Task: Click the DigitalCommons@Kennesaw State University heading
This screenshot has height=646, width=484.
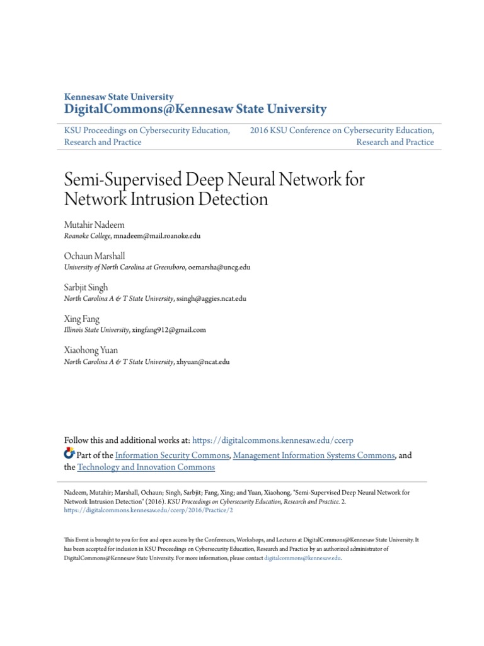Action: coord(195,110)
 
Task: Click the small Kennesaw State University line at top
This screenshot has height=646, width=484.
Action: coord(119,97)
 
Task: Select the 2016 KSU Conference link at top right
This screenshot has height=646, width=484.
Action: coord(342,131)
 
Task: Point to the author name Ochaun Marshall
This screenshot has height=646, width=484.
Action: coord(95,256)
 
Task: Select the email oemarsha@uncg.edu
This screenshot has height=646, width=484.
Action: coord(219,267)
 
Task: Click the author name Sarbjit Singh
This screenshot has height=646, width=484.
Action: coord(86,287)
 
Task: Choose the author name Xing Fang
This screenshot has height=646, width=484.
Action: coord(82,319)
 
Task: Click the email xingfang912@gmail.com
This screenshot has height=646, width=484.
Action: coord(169,329)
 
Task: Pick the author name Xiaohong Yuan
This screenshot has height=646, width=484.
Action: coord(91,349)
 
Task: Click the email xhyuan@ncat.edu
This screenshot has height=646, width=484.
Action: coord(203,361)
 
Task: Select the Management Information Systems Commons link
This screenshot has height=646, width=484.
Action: coord(314,455)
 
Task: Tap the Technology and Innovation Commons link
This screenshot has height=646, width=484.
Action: coord(146,467)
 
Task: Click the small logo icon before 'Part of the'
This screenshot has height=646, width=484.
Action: coord(70,454)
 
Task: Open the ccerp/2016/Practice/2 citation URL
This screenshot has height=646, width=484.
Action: coord(149,510)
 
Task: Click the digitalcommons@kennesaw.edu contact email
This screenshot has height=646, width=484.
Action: coord(302,558)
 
